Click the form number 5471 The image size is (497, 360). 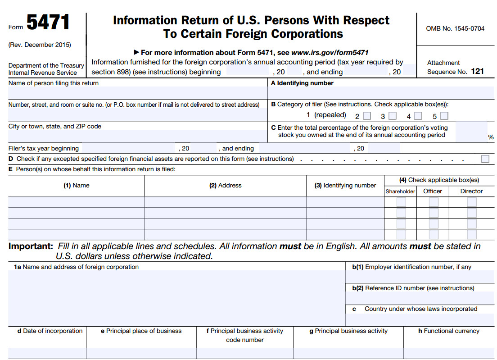[x=48, y=23]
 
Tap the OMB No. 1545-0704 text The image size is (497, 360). [x=455, y=28]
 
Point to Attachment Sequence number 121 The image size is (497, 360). [x=477, y=71]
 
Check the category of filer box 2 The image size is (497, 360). [x=367, y=116]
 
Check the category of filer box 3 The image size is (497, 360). [x=393, y=116]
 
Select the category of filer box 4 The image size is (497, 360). [x=418, y=116]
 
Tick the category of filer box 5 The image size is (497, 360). [x=444, y=116]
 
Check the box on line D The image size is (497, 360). [x=485, y=159]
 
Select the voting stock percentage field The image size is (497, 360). [x=470, y=131]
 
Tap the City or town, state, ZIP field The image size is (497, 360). [x=137, y=136]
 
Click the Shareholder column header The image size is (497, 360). [x=400, y=191]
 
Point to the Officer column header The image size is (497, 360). [x=433, y=191]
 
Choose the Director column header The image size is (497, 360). [x=471, y=191]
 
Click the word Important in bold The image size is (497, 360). [x=30, y=246]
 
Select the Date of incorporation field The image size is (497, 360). [x=47, y=353]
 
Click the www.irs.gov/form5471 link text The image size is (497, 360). [x=330, y=52]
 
